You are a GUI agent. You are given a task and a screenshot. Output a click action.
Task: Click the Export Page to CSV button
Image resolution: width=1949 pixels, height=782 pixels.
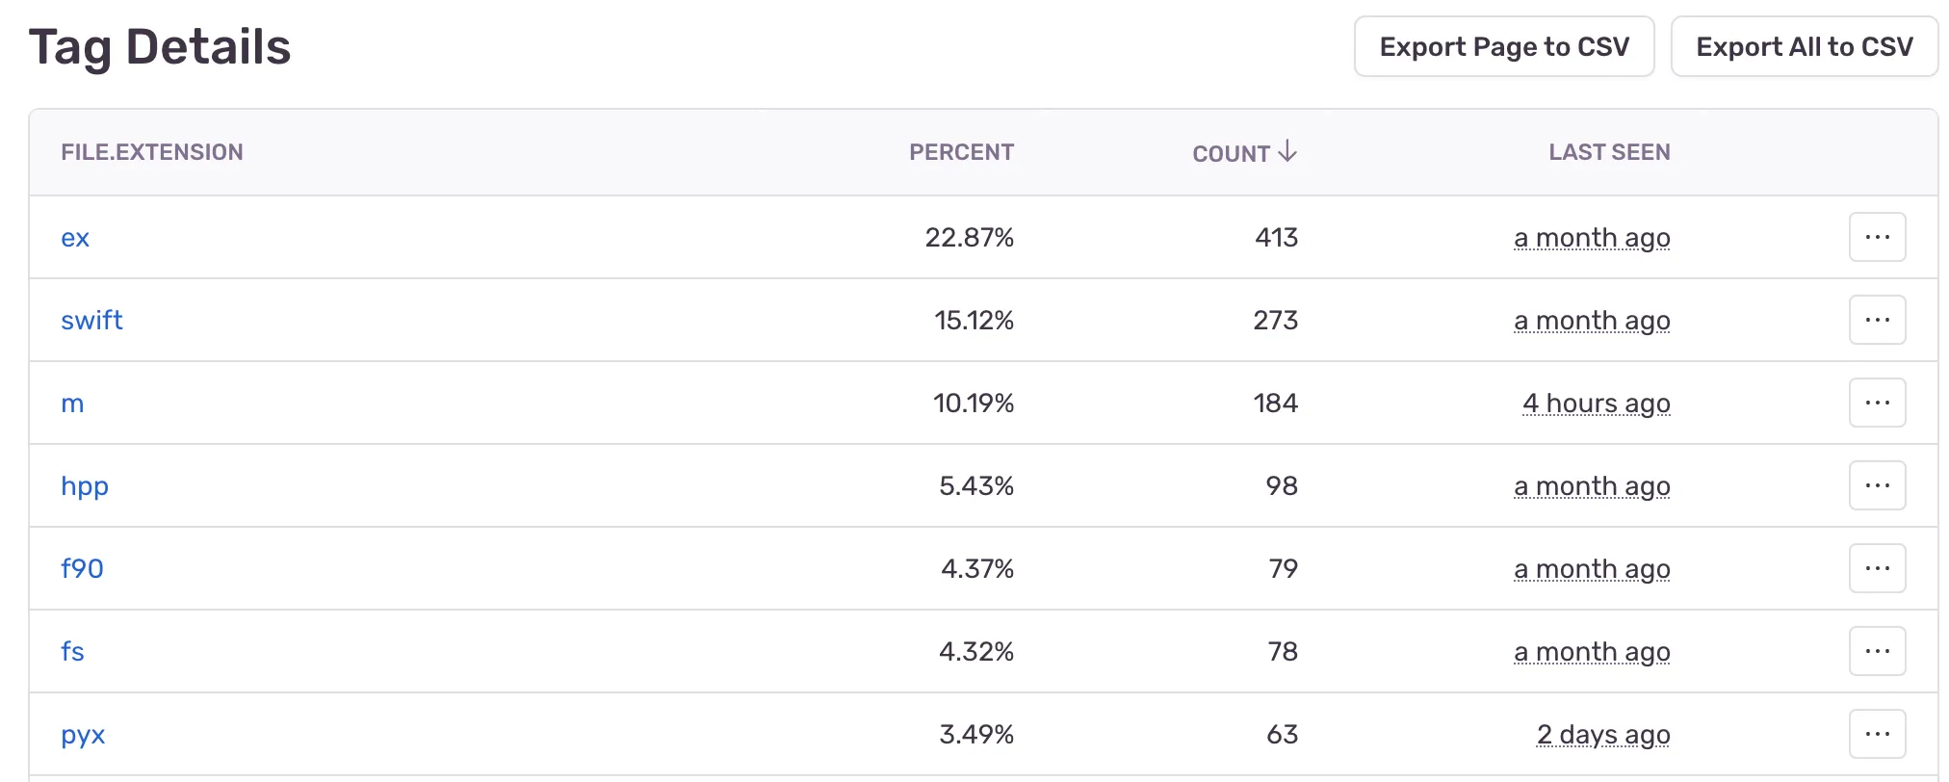pyautogui.click(x=1503, y=46)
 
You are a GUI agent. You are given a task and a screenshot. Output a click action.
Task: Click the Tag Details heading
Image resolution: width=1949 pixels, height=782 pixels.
pyautogui.click(x=160, y=47)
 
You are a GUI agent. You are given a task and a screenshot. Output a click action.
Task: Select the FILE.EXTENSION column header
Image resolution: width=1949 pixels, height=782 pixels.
pyautogui.click(x=152, y=152)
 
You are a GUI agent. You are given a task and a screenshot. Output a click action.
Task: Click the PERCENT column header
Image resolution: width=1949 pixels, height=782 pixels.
pyautogui.click(x=961, y=152)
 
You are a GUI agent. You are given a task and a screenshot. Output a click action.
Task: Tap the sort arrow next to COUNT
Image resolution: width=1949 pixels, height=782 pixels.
pyautogui.click(x=1287, y=152)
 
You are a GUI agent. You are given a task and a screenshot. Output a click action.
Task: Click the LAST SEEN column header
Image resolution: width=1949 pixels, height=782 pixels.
pyautogui.click(x=1609, y=152)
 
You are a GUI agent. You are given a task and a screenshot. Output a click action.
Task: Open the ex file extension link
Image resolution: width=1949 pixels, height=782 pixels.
pyautogui.click(x=75, y=238)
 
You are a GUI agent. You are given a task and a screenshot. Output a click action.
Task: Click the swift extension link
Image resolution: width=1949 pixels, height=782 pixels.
pyautogui.click(x=91, y=321)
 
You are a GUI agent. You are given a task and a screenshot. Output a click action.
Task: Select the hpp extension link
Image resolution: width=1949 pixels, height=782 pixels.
pyautogui.click(x=85, y=486)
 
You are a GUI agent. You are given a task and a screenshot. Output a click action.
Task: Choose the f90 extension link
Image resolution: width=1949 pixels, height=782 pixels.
pyautogui.click(x=82, y=569)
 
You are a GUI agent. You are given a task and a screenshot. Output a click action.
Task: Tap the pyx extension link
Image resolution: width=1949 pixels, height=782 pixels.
pyautogui.click(x=83, y=735)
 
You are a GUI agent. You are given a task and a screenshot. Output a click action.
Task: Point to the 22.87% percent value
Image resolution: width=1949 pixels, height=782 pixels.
pyautogui.click(x=969, y=238)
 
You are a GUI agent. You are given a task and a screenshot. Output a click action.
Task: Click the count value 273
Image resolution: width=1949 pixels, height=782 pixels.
pyautogui.click(x=1275, y=321)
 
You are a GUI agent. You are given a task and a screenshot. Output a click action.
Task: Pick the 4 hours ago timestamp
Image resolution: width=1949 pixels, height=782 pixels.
pyautogui.click(x=1596, y=404)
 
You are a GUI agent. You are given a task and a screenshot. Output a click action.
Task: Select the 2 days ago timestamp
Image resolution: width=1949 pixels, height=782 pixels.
pyautogui.click(x=1603, y=735)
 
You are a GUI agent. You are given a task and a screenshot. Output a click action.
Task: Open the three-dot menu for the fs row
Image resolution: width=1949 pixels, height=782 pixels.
pyautogui.click(x=1877, y=651)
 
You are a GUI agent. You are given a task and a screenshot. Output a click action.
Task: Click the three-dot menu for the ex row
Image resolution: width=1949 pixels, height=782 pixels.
pyautogui.click(x=1877, y=237)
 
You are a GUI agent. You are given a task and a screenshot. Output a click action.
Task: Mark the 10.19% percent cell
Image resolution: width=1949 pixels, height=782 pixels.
pyautogui.click(x=973, y=404)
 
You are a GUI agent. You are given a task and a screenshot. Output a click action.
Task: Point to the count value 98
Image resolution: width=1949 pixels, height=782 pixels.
pyautogui.click(x=1282, y=486)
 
